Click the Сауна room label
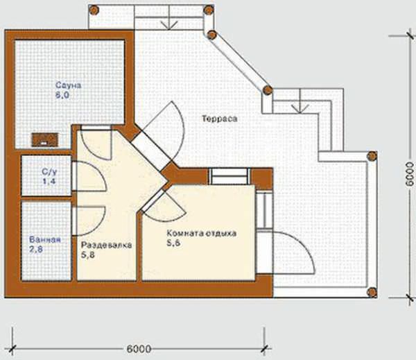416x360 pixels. (x=68, y=85)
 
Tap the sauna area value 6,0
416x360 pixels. (x=62, y=95)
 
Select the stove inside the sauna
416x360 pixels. (x=45, y=139)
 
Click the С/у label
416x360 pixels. (x=49, y=172)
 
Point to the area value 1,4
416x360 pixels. (x=49, y=181)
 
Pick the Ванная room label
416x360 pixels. (x=45, y=239)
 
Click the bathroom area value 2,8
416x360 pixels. (x=36, y=249)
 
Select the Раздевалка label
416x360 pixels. (x=106, y=245)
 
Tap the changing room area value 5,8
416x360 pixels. (x=88, y=255)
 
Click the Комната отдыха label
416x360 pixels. (x=201, y=233)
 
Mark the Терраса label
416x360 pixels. (x=220, y=119)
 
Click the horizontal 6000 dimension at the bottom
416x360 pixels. (x=139, y=349)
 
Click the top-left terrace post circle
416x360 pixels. (x=94, y=10)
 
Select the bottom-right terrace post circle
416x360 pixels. (x=372, y=292)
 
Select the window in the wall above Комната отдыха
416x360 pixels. (x=229, y=176)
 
